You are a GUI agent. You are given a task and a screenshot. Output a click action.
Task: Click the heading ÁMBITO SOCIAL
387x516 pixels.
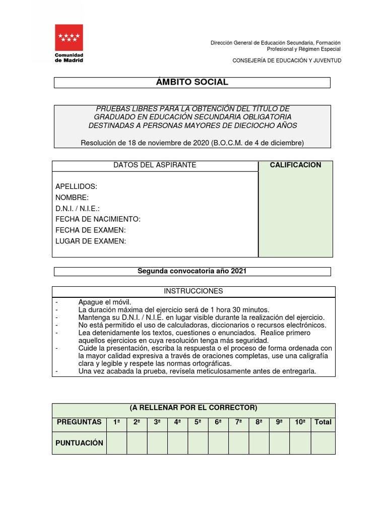[192, 82]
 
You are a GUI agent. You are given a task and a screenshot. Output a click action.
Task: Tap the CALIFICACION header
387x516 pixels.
[295, 165]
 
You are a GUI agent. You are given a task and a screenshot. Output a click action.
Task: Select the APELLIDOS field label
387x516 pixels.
[76, 186]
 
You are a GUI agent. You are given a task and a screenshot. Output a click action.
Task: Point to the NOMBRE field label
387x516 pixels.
[72, 198]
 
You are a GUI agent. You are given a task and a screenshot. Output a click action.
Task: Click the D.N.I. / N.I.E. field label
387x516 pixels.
[78, 209]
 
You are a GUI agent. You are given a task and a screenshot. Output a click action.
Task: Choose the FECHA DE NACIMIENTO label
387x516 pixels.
[98, 219]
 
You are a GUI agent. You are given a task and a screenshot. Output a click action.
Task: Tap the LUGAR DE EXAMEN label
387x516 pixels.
[91, 241]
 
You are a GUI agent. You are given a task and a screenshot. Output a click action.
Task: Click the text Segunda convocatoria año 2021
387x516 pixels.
[192, 271]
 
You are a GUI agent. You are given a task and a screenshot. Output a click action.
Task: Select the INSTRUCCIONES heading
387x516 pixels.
[193, 291]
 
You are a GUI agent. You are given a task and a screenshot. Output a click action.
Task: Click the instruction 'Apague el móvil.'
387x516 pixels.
[104, 302]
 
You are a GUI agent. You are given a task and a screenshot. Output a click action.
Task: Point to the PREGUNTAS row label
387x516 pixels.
[79, 422]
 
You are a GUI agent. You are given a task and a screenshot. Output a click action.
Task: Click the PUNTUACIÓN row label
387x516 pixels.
[80, 443]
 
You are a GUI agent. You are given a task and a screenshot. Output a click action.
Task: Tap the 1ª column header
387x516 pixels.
[116, 422]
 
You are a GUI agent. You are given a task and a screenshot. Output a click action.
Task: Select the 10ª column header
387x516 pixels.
[300, 422]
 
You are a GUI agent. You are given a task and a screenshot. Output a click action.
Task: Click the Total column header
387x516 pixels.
[323, 422]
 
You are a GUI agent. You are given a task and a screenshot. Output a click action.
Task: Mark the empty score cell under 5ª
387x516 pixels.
[198, 443]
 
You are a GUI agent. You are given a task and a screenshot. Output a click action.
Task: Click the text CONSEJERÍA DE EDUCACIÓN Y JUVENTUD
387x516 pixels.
[286, 60]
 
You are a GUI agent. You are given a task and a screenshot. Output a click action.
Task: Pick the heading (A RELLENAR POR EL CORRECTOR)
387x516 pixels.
[193, 408]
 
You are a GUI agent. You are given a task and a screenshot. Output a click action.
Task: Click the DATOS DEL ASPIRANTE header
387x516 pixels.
[155, 165]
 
